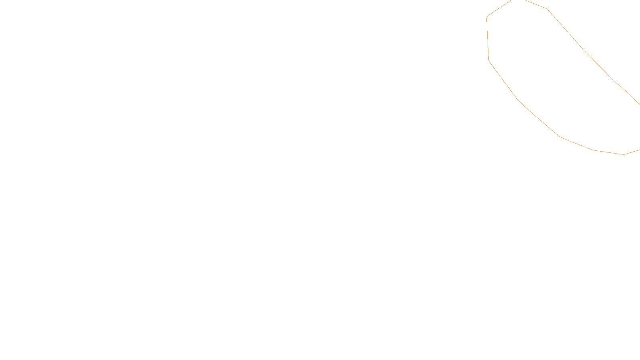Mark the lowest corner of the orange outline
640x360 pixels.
(623, 154)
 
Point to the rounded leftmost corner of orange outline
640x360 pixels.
(487, 17)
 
